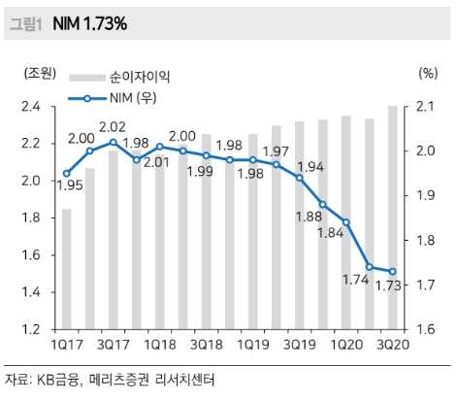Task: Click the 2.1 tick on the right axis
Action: click(x=427, y=106)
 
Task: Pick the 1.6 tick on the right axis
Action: click(x=427, y=329)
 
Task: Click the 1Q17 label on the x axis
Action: click(x=65, y=345)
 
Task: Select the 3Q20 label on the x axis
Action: click(x=391, y=345)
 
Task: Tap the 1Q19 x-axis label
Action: click(x=251, y=345)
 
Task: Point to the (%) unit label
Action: click(x=428, y=72)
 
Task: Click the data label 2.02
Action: click(x=113, y=126)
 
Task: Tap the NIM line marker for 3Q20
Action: click(x=392, y=272)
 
